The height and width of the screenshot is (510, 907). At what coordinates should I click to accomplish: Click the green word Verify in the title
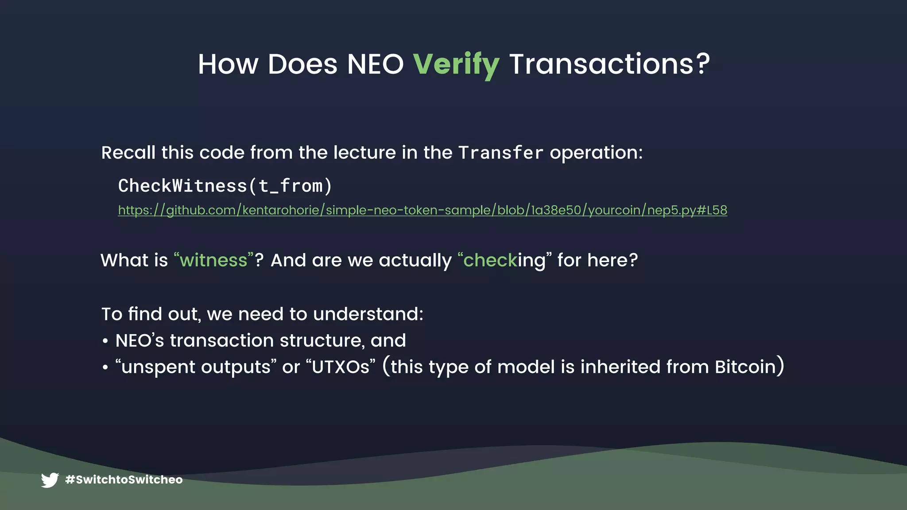click(456, 65)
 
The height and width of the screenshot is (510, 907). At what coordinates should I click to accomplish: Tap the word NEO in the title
click(375, 65)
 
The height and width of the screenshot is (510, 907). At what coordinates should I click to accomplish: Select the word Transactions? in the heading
click(609, 65)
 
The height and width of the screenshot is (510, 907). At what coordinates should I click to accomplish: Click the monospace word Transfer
click(500, 153)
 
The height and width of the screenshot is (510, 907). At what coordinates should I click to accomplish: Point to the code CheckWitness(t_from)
click(225, 186)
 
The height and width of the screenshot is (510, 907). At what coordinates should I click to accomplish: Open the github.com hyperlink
click(422, 210)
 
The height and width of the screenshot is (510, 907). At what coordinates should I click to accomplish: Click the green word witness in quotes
click(213, 260)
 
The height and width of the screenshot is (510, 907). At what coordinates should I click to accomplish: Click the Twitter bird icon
click(50, 480)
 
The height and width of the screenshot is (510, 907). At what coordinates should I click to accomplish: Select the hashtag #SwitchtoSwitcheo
click(124, 480)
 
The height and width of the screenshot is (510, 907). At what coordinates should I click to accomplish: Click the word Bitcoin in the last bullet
click(745, 367)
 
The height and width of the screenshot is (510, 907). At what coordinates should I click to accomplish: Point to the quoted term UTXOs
click(341, 367)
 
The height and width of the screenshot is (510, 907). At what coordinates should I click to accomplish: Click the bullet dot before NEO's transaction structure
click(105, 341)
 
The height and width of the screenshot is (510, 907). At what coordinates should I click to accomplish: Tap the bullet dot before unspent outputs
click(105, 368)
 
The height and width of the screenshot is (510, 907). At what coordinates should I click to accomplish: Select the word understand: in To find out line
click(368, 314)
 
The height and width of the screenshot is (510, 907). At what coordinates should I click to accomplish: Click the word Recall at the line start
click(128, 153)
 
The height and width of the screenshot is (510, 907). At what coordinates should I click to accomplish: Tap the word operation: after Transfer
click(596, 153)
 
